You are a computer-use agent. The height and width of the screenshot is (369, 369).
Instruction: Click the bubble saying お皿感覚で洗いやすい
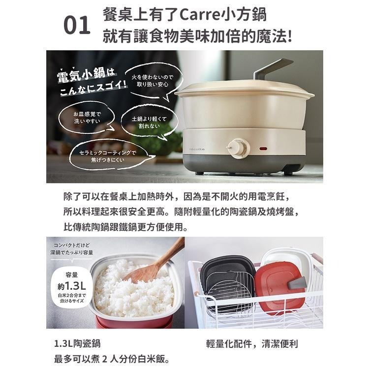point(90,118)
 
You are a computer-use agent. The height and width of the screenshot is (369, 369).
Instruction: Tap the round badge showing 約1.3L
point(71,286)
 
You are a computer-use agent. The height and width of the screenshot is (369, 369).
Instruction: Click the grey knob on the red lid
point(297,282)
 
